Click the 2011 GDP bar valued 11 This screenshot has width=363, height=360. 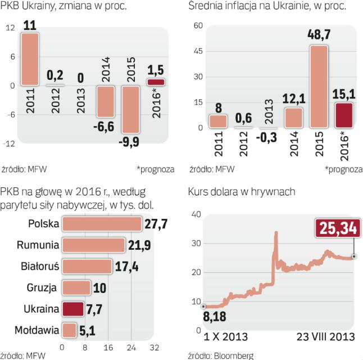(x=30, y=59)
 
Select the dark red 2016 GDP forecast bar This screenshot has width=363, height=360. (x=157, y=82)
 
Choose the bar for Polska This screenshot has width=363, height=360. (x=101, y=223)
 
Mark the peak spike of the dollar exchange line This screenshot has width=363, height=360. (x=276, y=232)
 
